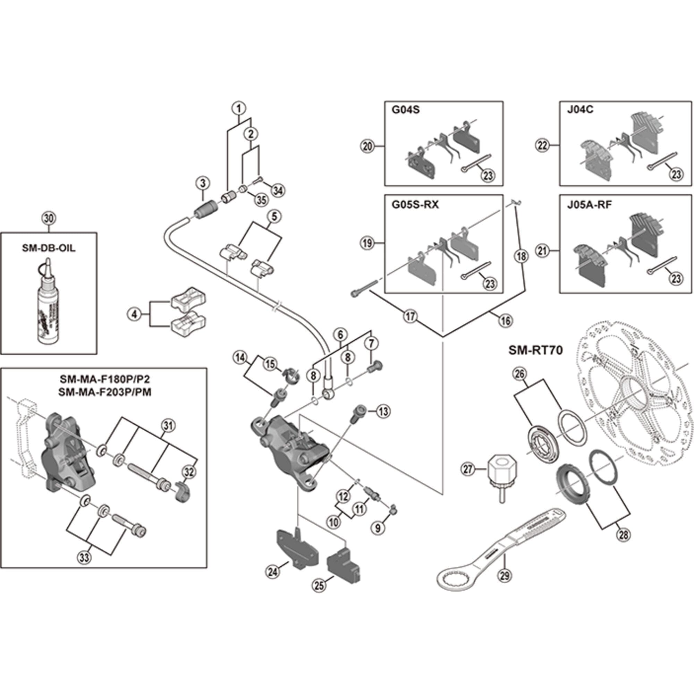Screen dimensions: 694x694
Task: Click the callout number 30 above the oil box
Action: click(49, 218)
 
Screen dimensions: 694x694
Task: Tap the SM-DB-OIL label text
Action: click(49, 248)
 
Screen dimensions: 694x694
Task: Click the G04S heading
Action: click(405, 110)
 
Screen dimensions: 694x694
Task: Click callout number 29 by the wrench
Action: click(504, 576)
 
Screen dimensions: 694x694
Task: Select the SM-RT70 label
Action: click(535, 350)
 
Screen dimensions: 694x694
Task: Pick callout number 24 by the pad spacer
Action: click(272, 572)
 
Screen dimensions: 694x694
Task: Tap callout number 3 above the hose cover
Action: click(203, 183)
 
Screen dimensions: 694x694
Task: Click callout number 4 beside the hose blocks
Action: click(134, 315)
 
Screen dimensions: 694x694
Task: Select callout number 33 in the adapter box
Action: click(84, 558)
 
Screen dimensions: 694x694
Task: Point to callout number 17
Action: click(410, 316)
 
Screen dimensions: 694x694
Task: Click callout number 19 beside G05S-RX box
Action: click(367, 243)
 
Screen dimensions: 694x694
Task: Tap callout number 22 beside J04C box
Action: click(542, 145)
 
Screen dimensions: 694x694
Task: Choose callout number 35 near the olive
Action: click(261, 200)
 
